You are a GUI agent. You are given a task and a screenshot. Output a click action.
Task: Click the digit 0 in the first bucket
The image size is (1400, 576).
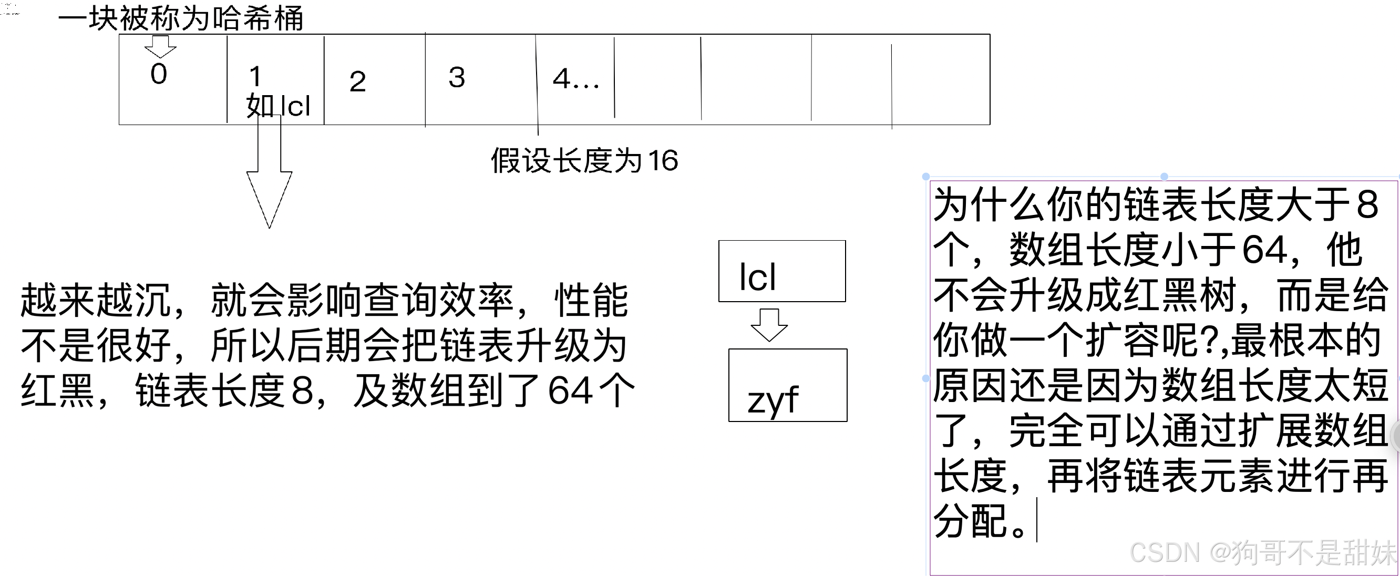159,75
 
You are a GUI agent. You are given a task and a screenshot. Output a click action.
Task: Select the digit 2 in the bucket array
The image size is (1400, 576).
357,82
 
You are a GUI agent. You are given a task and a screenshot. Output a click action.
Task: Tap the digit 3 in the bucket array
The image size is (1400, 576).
457,78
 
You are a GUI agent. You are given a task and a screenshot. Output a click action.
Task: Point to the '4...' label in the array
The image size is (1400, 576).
575,79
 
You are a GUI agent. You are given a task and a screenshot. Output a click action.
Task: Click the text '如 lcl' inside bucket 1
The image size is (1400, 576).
278,106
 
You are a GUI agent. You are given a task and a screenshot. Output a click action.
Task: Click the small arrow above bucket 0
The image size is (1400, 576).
160,47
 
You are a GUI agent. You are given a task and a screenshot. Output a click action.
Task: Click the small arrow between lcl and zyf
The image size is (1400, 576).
769,324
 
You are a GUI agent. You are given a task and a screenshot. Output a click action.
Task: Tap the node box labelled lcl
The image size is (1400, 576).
781,271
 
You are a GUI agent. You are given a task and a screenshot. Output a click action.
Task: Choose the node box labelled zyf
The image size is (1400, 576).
787,385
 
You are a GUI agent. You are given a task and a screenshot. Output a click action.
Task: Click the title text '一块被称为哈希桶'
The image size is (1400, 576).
180,19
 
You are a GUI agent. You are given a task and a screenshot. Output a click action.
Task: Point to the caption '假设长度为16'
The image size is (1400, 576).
584,161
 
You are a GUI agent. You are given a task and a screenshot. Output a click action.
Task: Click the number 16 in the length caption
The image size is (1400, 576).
663,161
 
